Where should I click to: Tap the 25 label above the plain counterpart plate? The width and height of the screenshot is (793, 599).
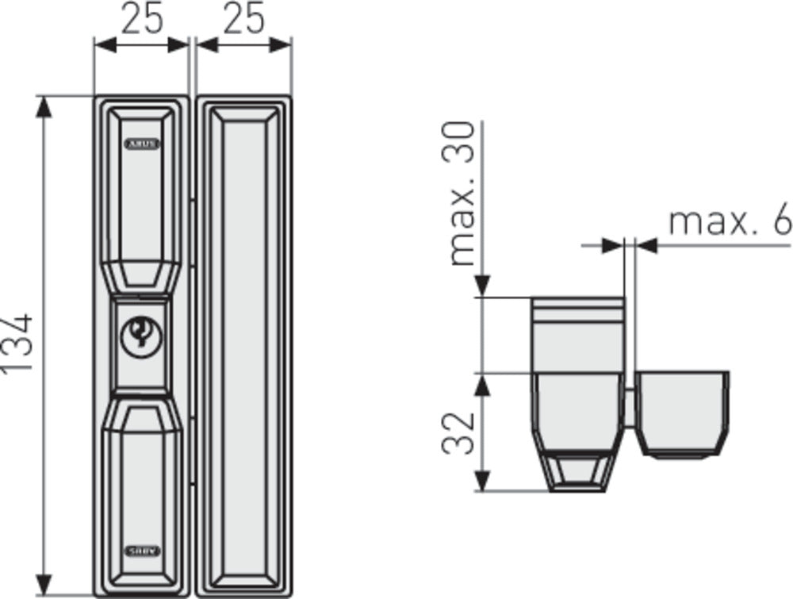(x=243, y=18)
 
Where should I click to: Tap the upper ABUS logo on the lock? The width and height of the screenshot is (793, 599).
(x=141, y=144)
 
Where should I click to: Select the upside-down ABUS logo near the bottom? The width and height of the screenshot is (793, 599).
(x=141, y=550)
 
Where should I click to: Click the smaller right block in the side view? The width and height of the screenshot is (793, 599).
(x=684, y=413)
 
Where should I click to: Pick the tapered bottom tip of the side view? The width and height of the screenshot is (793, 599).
(x=576, y=471)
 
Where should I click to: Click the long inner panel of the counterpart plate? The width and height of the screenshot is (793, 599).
(x=243, y=345)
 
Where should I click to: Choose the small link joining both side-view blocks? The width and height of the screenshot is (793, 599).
(x=631, y=409)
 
